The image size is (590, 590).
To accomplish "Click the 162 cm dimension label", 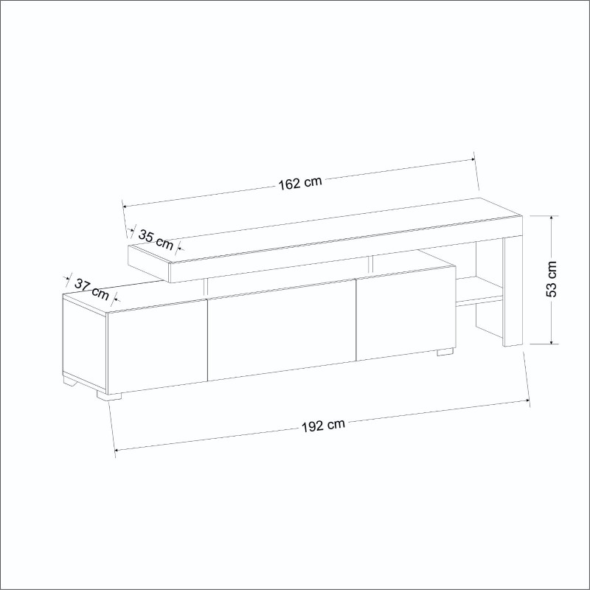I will tap(300, 183).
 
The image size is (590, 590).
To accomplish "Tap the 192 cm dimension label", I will tap(323, 426).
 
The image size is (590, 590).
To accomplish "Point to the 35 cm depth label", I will tap(155, 238).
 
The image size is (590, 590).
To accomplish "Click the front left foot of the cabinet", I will tap(109, 395).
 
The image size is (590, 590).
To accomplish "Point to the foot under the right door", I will tap(445, 352).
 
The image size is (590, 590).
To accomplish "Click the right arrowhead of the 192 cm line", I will tap(528, 400).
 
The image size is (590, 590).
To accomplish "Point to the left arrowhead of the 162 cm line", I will tap(125, 206).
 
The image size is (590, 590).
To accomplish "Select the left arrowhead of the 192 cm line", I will tap(117, 450).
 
